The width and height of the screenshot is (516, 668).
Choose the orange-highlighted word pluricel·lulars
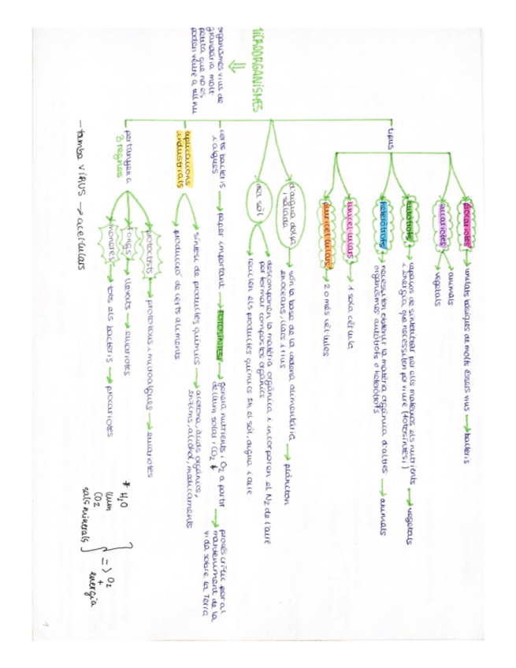325,225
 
